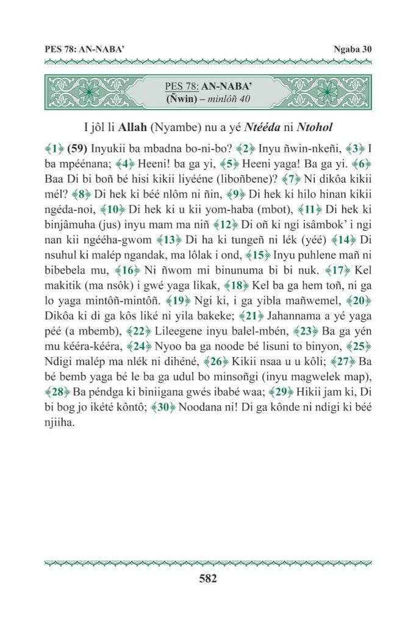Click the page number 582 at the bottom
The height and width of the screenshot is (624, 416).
[208, 578]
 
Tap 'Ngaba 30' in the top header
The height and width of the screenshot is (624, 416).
[353, 49]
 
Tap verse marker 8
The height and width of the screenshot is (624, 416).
[79, 195]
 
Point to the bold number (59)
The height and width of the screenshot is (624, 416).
[77, 147]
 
